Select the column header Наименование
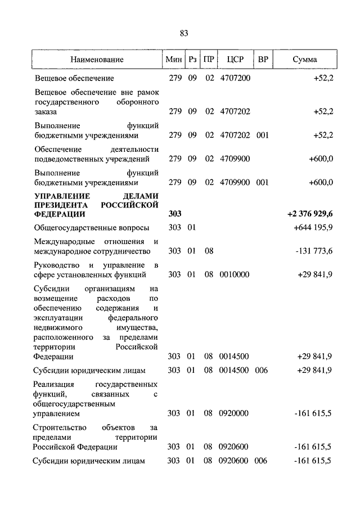point(97,59)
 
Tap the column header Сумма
point(305,59)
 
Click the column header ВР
point(263,59)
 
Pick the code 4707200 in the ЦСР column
point(234,78)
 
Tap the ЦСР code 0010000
point(234,274)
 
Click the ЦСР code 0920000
point(234,413)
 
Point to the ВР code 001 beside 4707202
point(262,136)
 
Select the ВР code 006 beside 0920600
point(262,461)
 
